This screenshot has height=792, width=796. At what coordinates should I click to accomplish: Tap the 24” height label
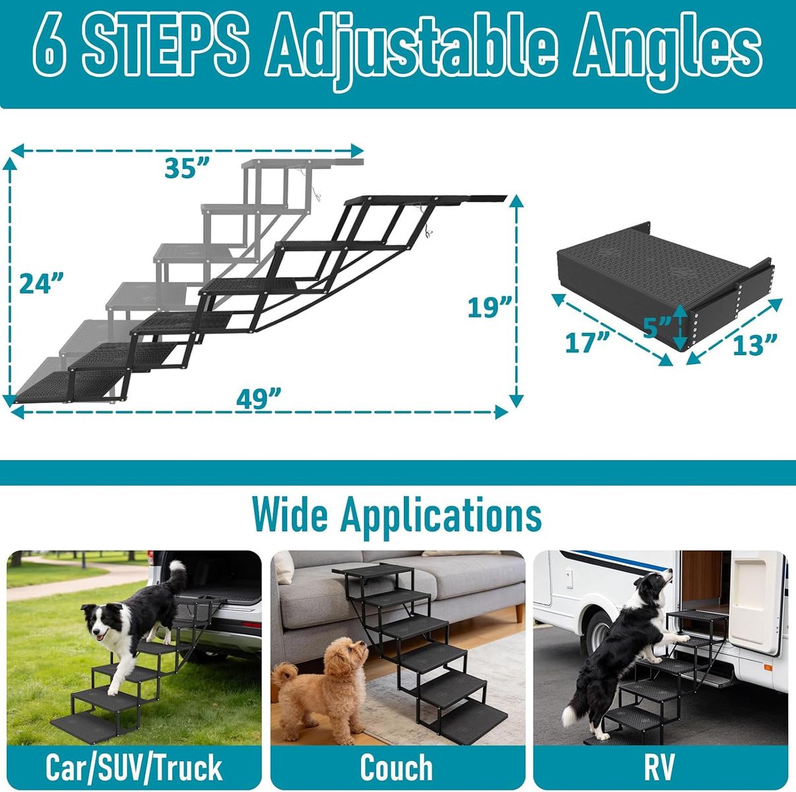(42, 283)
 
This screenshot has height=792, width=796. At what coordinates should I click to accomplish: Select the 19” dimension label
(490, 308)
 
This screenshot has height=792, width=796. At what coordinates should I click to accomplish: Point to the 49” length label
(259, 399)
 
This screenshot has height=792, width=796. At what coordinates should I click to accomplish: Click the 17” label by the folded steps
(587, 343)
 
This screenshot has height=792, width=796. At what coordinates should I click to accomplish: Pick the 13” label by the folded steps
(754, 345)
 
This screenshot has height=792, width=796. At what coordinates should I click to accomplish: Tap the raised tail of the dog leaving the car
(177, 575)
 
